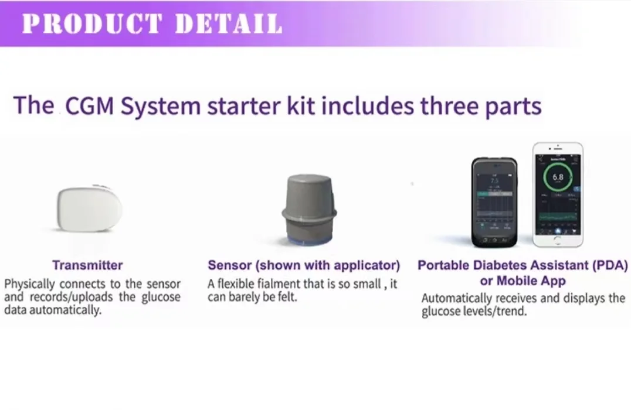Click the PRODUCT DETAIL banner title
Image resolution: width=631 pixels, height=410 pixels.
(x=152, y=23)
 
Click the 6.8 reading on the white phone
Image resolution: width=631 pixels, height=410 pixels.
(x=558, y=177)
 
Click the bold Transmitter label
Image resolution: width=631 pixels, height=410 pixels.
(x=87, y=265)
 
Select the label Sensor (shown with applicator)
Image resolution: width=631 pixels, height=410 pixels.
(x=304, y=265)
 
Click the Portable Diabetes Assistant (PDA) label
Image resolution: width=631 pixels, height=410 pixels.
(x=523, y=265)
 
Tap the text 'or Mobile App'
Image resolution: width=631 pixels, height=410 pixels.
(x=523, y=281)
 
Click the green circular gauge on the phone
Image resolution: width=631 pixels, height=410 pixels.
(x=558, y=177)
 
